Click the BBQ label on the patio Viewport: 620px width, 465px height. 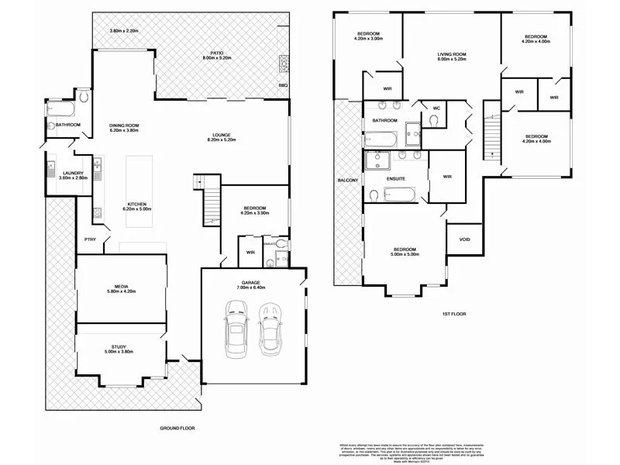tap(282, 84)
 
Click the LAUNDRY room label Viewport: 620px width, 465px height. tap(59, 174)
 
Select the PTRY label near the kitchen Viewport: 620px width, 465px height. tap(91, 239)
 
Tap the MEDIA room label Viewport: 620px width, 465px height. tap(121, 288)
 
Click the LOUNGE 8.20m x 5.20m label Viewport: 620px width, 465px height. tap(221, 137)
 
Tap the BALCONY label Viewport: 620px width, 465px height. tap(348, 180)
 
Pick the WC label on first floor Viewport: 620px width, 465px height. tap(436, 108)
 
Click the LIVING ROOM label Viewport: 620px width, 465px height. tap(450, 55)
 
